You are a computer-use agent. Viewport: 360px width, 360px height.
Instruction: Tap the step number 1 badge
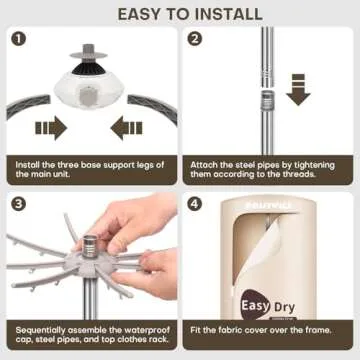17,41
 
